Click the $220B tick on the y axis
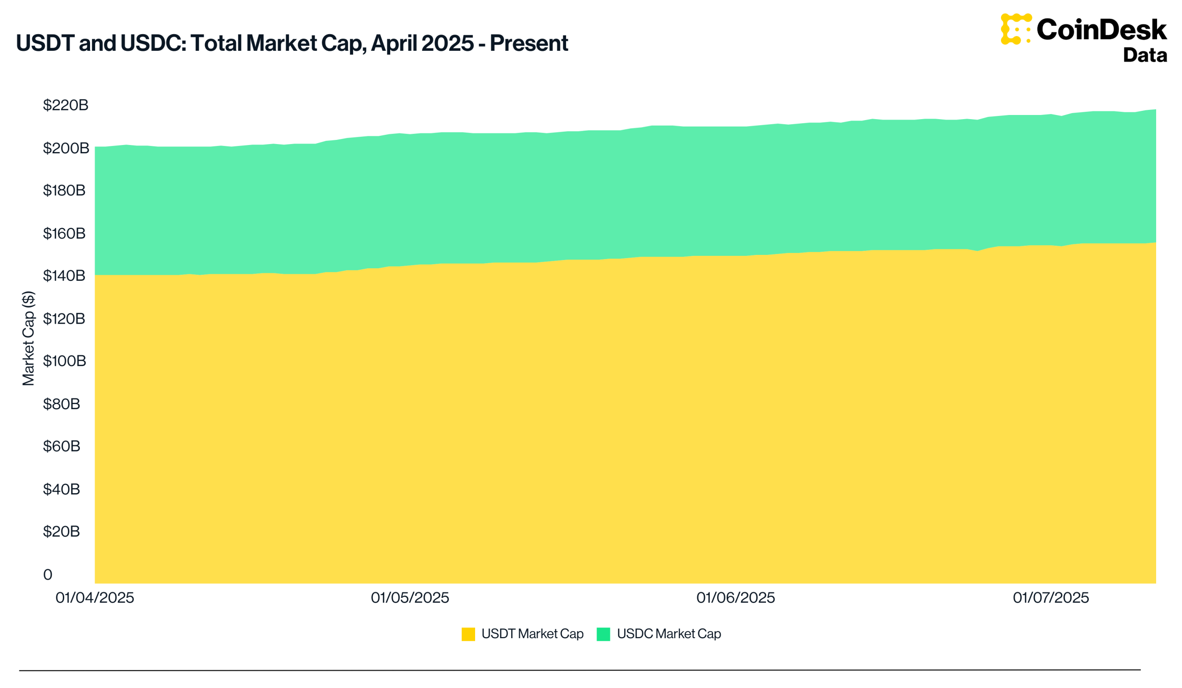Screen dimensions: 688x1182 point(66,105)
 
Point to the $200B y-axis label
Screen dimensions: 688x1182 point(66,148)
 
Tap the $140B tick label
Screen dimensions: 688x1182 point(64,276)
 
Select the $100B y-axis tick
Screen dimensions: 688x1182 point(65,361)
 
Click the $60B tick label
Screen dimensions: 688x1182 point(61,446)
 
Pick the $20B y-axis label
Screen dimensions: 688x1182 point(61,531)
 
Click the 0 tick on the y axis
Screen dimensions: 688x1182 point(48,574)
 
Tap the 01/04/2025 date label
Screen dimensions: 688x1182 point(95,598)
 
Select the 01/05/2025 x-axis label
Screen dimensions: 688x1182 point(410,598)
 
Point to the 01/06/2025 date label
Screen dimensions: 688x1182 point(736,598)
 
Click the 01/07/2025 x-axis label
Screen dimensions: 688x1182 point(1051,598)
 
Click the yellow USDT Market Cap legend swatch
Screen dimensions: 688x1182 point(468,634)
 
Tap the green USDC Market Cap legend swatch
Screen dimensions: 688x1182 point(603,634)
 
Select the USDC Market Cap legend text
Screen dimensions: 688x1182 point(669,634)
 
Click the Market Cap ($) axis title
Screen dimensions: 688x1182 point(29,338)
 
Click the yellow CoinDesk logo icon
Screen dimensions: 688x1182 point(1016,29)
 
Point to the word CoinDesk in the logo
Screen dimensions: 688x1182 point(1101,30)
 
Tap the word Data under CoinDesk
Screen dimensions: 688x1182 point(1145,55)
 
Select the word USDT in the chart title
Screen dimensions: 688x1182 point(46,43)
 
